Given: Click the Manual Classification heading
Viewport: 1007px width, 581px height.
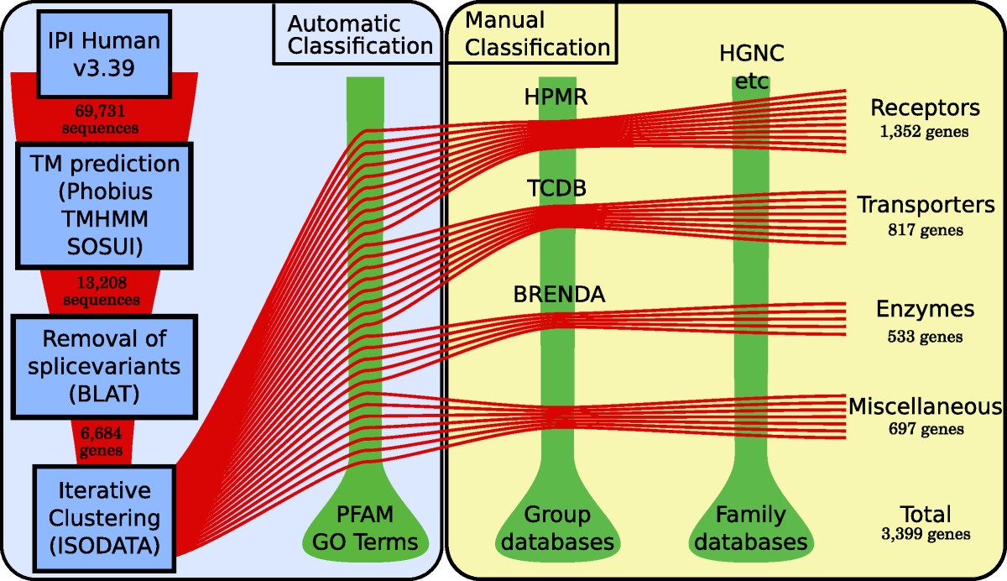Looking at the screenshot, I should (536, 33).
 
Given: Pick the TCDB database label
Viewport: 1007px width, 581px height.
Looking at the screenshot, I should (555, 189).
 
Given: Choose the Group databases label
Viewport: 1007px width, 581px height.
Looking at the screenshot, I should (556, 527).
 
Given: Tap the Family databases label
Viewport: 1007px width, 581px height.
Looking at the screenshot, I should (751, 527).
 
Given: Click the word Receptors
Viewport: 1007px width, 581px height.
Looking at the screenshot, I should (925, 108).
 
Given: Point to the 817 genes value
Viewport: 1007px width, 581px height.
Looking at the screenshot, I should (925, 229).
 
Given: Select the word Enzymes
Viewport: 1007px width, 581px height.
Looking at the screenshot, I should (925, 309).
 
